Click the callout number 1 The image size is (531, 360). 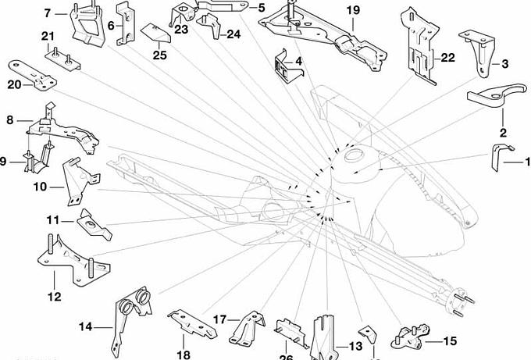coord(527,162)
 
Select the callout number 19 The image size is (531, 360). coord(353,10)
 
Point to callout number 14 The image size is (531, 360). coord(85,328)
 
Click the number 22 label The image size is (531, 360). coord(447,58)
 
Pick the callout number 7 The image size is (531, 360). coord(48,13)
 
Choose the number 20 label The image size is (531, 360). coord(15,85)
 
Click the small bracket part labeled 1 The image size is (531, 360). coord(497,155)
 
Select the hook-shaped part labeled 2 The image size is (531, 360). coord(490,98)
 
